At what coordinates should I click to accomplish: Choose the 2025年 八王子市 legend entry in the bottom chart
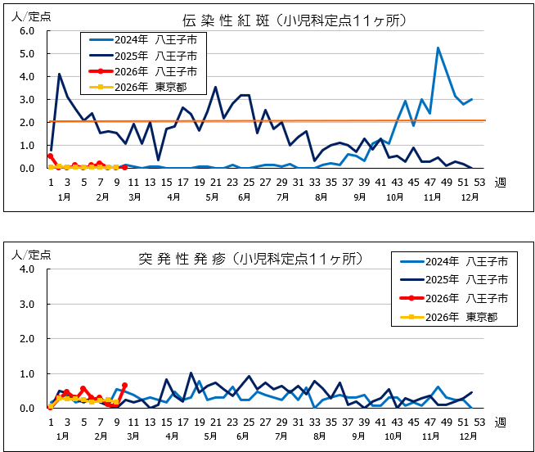coord(462,280)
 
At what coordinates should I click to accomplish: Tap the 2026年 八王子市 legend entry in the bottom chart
coord(462,298)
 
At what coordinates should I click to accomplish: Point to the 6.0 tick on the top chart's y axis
coord(26,30)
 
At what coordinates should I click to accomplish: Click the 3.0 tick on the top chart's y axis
coord(26,99)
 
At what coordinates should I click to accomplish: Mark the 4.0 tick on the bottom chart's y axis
coord(26,269)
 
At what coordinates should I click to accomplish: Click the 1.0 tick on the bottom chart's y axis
coord(26,373)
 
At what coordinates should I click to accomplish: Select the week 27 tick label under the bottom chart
coord(266,422)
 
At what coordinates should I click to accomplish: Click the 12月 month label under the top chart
coord(470,197)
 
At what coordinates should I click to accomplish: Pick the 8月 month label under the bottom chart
coord(321,437)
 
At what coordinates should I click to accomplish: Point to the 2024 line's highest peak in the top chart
coord(438,47)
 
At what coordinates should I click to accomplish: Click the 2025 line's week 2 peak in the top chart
coord(59,74)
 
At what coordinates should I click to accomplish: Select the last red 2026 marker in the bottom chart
coord(124,385)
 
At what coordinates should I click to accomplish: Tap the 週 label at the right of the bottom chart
coord(500,422)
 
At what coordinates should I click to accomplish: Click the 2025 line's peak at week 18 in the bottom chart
coord(191,373)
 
